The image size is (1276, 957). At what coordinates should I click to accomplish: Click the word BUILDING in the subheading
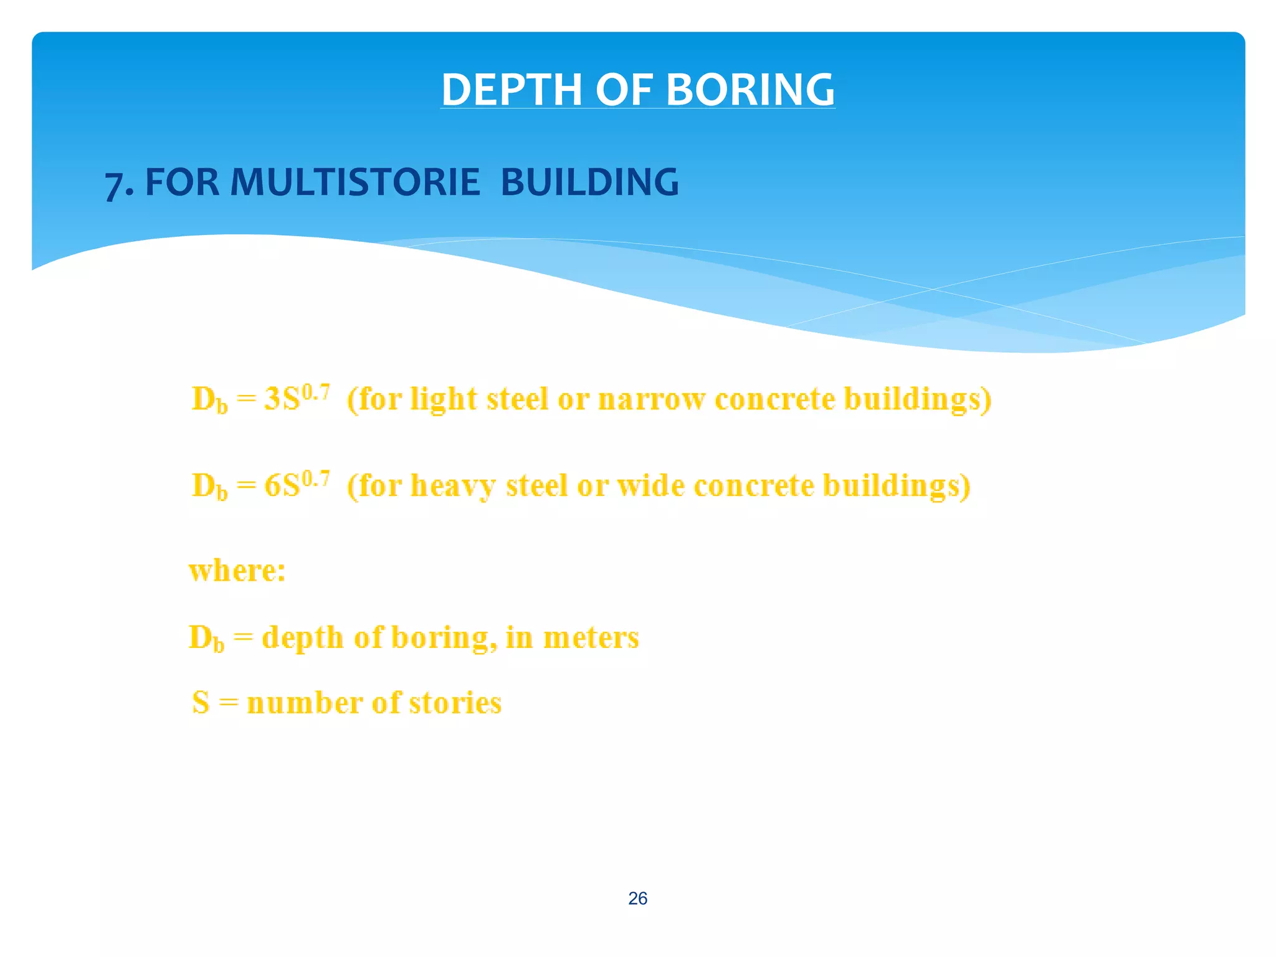(x=589, y=183)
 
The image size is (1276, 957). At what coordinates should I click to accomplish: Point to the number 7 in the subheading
(x=113, y=185)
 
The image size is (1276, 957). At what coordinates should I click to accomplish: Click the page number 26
(x=637, y=898)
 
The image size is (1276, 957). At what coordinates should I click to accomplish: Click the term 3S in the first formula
(x=282, y=399)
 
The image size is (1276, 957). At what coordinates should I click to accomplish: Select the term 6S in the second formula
(x=282, y=486)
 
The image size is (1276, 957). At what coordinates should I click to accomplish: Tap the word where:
(x=237, y=571)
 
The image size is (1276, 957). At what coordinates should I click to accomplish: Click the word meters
(x=591, y=637)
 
